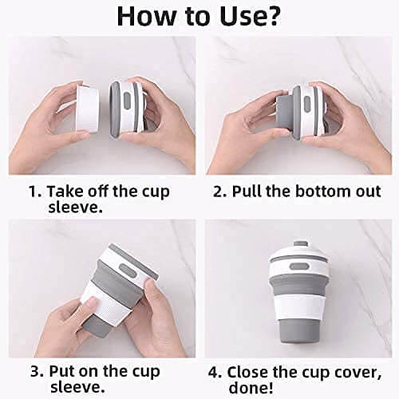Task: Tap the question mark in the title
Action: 275,18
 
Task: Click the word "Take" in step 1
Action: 64,192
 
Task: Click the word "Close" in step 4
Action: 251,372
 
